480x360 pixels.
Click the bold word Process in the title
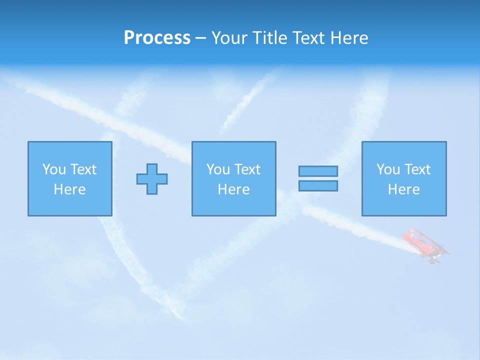coord(157,38)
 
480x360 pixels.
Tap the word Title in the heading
coord(269,38)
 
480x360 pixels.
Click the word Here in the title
coord(350,38)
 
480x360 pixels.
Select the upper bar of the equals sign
coord(318,171)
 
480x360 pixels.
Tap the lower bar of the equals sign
coord(318,185)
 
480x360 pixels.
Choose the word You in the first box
coord(54,169)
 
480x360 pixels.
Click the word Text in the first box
coord(83,169)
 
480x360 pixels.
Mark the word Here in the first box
coord(69,189)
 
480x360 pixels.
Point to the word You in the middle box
coord(218,169)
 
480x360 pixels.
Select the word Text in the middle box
coord(247,169)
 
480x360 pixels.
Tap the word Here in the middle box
coord(233,189)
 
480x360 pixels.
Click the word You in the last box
coord(388,169)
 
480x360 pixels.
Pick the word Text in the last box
coord(417,169)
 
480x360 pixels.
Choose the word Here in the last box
coord(403,189)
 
